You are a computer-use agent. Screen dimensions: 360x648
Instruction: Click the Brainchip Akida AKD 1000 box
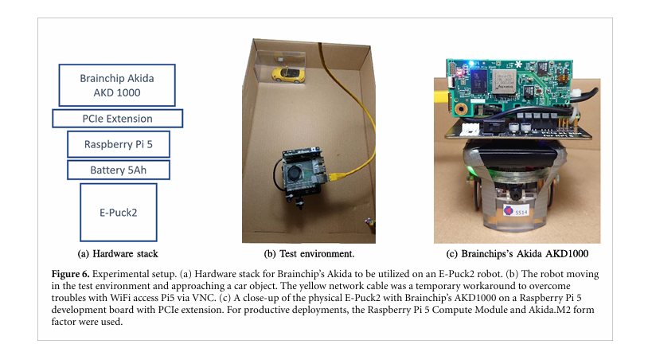click(x=117, y=84)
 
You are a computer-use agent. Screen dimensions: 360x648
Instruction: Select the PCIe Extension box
click(x=117, y=119)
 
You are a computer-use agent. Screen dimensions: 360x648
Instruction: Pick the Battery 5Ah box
click(x=117, y=170)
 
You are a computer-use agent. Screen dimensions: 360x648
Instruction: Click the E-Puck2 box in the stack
click(x=117, y=211)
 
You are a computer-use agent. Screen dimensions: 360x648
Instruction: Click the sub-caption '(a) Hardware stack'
click(x=117, y=254)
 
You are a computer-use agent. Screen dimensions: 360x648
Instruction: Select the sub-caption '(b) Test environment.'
click(x=309, y=254)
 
